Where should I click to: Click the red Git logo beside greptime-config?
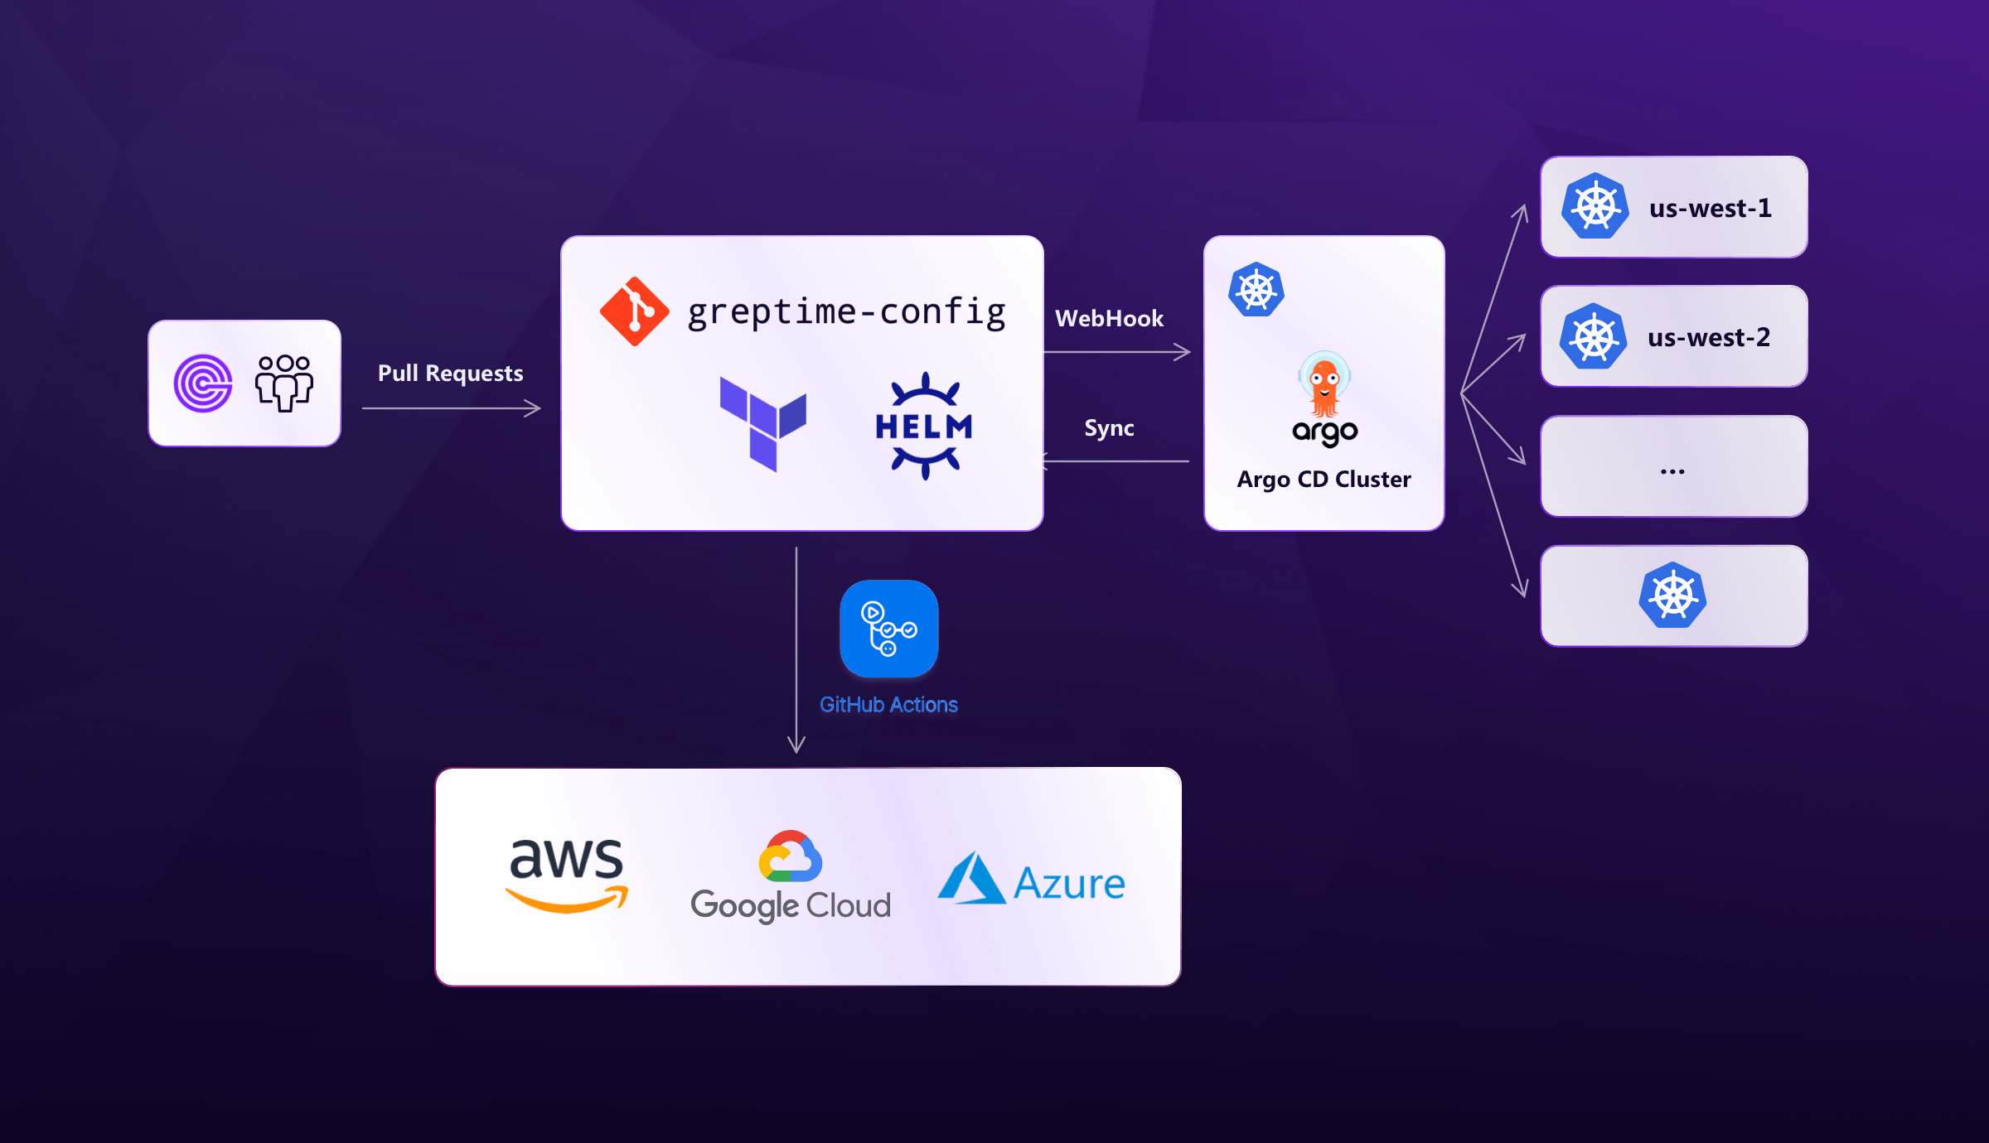634,311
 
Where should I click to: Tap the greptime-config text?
846,313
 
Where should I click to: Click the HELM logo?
925,426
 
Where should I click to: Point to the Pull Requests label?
450,374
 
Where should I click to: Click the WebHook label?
1109,319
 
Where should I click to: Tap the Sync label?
1109,428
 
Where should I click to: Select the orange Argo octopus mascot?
1324,385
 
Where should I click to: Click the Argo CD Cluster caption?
1324,480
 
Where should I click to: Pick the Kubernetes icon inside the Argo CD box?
1256,290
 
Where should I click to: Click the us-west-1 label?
1710,208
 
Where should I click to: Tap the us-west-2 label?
1708,338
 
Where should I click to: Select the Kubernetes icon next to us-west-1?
1595,206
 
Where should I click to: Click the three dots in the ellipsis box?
1672,471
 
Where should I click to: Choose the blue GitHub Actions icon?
888,629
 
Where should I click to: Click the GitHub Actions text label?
888,705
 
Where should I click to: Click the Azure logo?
1031,880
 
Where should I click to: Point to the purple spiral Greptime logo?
203,383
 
